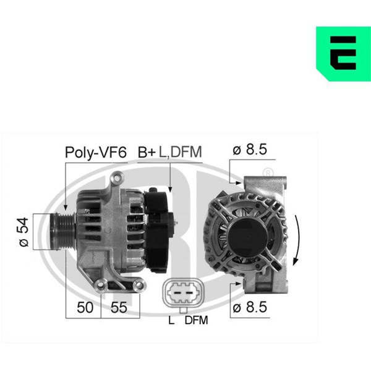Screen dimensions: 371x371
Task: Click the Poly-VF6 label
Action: coord(96,153)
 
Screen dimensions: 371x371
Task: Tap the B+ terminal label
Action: coord(147,152)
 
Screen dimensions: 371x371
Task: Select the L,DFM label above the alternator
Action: coord(181,152)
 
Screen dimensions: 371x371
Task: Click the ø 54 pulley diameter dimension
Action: coord(23,232)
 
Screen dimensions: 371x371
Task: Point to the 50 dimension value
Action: coord(85,307)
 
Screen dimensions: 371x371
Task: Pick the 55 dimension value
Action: coord(119,307)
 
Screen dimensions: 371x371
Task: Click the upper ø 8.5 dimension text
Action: coord(250,150)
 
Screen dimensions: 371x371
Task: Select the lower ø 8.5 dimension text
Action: coord(250,307)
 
